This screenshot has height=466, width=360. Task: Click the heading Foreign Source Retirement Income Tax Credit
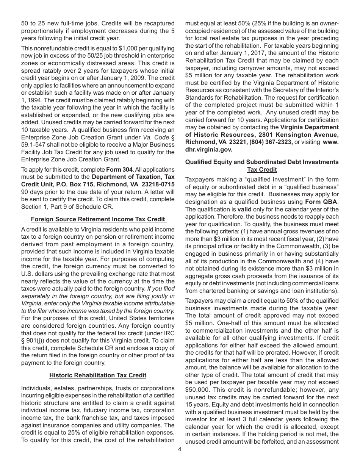[x=98, y=219]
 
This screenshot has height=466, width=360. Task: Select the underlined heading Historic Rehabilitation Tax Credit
[x=98, y=375]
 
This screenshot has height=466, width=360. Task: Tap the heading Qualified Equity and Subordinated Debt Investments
[x=262, y=162]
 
